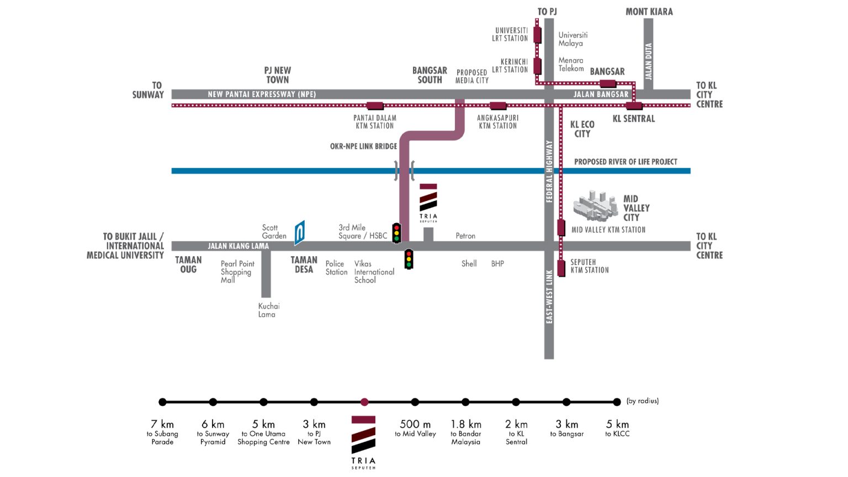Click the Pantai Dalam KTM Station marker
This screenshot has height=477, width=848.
[x=375, y=105]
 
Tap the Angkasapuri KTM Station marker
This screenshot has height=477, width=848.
[x=498, y=105]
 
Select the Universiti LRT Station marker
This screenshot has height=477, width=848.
[x=537, y=35]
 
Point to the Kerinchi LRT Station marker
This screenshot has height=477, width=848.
[x=537, y=66]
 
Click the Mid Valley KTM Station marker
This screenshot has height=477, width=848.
[x=561, y=228]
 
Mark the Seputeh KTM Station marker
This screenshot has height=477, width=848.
[x=561, y=268]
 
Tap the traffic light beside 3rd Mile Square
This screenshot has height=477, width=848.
[x=396, y=233]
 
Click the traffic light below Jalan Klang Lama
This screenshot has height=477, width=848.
[x=409, y=259]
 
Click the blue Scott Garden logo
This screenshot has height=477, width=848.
[x=299, y=232]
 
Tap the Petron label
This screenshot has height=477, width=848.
[x=465, y=236]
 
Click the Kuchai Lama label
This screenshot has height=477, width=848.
[x=269, y=310]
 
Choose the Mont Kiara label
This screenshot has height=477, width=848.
[x=649, y=12]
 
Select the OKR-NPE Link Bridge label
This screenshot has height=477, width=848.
[x=363, y=146]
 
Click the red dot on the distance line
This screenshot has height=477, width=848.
[x=364, y=402]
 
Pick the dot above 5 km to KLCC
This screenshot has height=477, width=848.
[x=617, y=402]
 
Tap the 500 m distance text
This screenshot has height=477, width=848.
[x=415, y=424]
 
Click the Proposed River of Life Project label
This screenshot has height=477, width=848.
[x=626, y=162]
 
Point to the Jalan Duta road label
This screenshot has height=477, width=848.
[x=649, y=61]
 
